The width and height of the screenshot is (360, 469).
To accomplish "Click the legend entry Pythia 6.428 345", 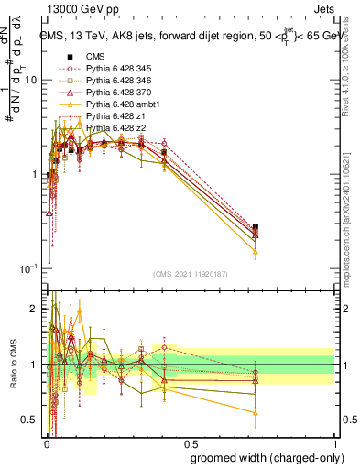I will point(115,69).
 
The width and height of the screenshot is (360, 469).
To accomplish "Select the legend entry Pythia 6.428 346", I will point(115,81).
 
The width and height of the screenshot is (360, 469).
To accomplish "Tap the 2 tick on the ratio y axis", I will point(35,309).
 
